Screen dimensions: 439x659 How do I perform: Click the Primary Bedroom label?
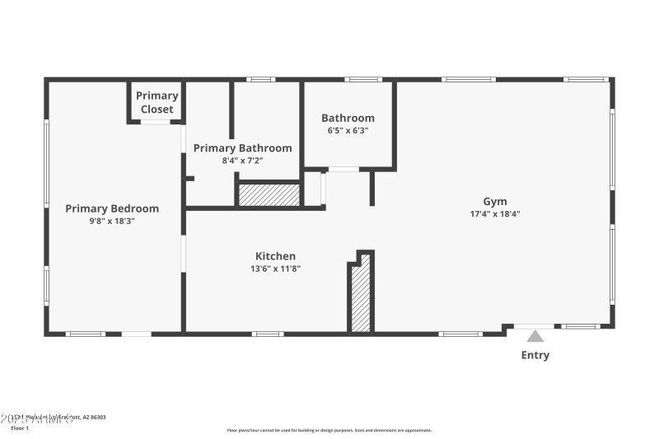pos(112,208)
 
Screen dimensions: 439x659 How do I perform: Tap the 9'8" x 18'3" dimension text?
pos(112,221)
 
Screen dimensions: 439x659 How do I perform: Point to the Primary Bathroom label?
pos(242,148)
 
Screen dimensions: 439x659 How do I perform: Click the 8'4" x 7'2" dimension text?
pos(242,161)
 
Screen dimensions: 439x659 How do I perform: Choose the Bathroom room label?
pos(348,118)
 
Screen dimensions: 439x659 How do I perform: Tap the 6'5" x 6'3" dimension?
pos(348,130)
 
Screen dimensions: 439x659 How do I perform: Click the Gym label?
pos(495,201)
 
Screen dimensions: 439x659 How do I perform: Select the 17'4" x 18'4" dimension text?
pos(495,213)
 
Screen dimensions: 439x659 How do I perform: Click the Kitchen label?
pos(275,256)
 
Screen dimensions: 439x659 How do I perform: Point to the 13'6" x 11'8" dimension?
pos(275,269)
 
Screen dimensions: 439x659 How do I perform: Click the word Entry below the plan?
pos(535,355)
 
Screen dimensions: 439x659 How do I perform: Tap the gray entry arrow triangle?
pos(535,336)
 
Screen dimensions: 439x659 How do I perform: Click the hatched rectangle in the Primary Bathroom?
pos(269,195)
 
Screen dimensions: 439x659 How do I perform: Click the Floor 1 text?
pos(19,428)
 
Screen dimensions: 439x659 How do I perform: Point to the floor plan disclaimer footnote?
pos(329,430)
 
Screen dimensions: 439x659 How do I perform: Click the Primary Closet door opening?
pos(156,122)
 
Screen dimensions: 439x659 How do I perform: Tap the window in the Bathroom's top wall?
pos(358,80)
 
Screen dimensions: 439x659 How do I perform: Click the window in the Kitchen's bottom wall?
pos(267,334)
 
